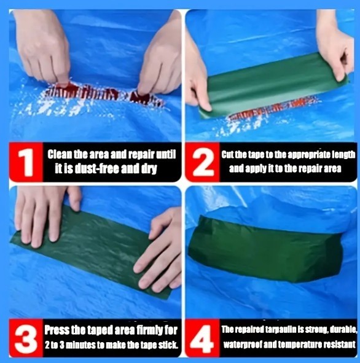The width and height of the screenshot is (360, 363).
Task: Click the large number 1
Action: (x=26, y=163)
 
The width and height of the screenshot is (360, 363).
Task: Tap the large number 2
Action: (x=203, y=163)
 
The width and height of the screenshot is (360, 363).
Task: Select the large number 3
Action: (x=26, y=338)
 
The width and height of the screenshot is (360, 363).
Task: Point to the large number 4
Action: (x=202, y=338)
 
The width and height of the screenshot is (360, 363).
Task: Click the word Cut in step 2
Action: (x=227, y=154)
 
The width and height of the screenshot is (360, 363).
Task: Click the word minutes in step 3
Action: (x=80, y=345)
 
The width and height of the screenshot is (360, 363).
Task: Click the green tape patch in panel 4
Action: (x=265, y=250)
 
